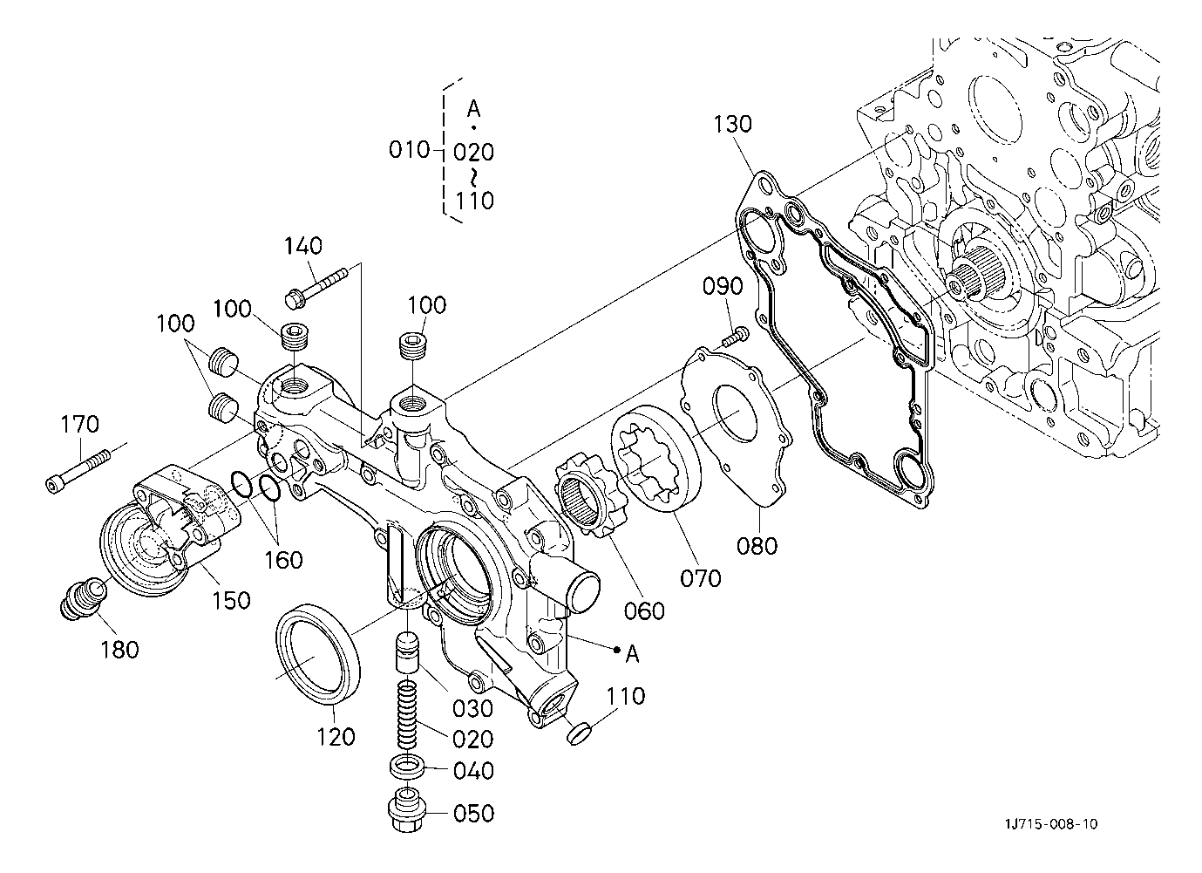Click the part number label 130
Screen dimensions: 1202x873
click(732, 125)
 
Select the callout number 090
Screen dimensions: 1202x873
click(723, 287)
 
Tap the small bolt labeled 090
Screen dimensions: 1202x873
click(735, 336)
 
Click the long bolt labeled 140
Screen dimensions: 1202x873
click(317, 286)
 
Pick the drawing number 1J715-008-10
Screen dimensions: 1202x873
click(1051, 823)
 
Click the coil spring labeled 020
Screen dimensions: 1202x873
click(408, 714)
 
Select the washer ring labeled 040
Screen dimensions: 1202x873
click(407, 767)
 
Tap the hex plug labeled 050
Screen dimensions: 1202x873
click(407, 810)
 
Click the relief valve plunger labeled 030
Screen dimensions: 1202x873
click(408, 652)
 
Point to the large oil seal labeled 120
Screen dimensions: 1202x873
click(318, 653)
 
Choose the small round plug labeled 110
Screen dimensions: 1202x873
click(578, 733)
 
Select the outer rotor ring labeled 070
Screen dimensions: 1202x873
click(655, 466)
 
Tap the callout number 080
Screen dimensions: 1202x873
click(757, 546)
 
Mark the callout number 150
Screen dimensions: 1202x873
click(231, 600)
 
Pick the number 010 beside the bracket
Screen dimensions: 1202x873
click(409, 150)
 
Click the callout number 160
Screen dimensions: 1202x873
click(283, 560)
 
